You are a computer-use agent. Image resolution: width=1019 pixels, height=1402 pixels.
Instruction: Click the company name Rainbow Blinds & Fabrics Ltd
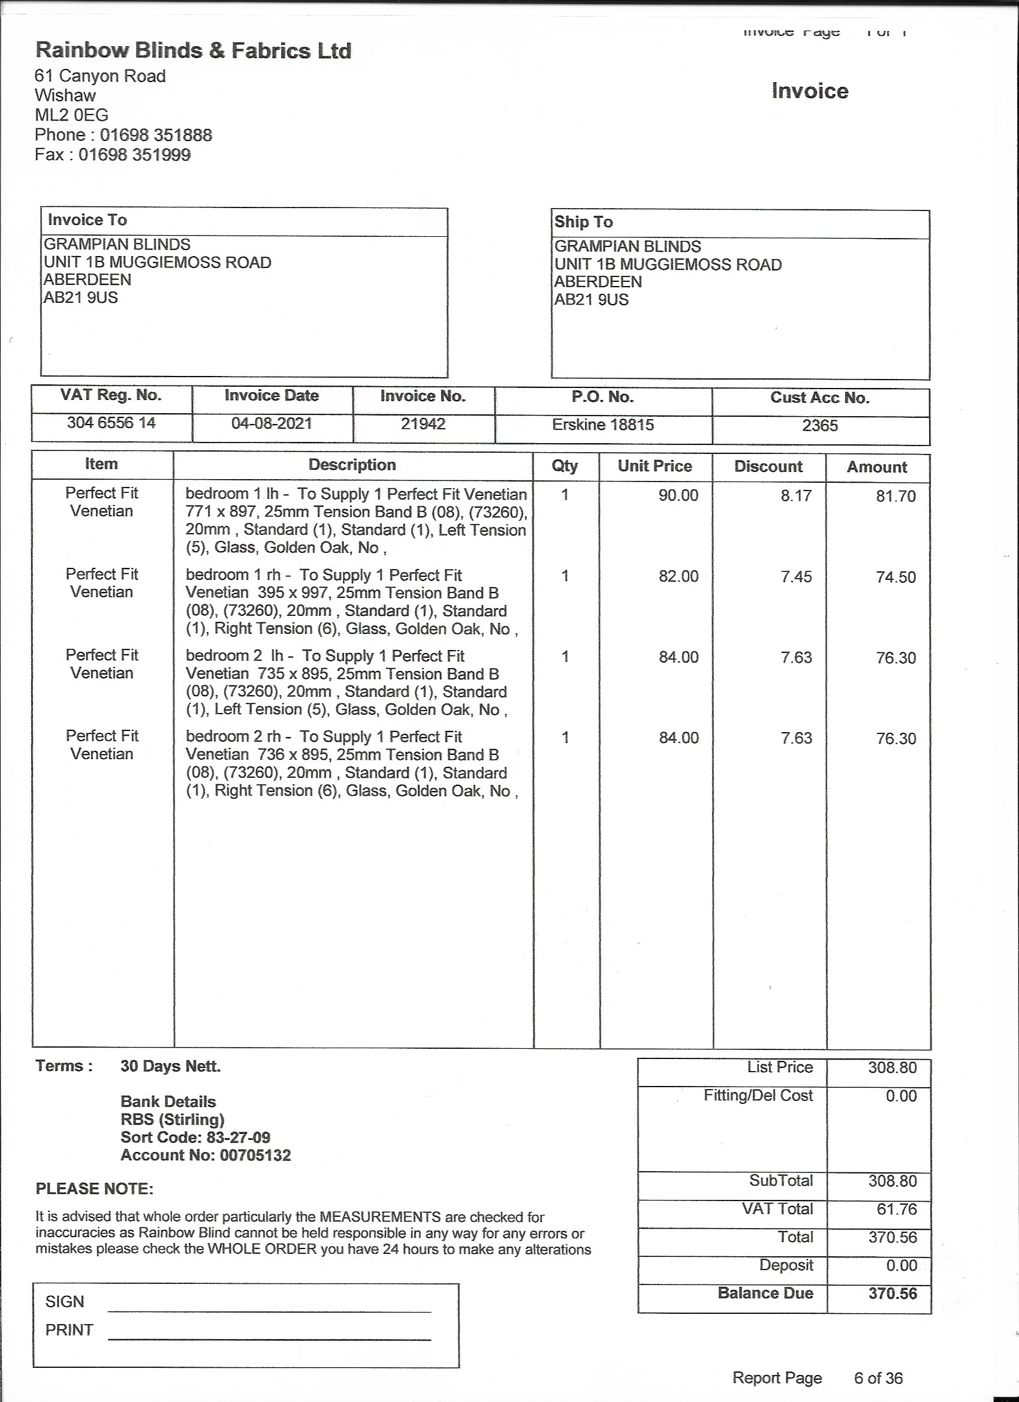194,51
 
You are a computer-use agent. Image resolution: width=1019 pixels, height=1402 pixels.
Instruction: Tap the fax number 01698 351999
134,155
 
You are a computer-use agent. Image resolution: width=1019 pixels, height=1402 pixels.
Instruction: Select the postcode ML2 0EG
71,115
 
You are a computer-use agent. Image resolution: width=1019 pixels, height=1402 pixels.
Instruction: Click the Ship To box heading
583,222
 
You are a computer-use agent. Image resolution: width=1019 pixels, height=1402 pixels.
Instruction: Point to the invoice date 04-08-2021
272,423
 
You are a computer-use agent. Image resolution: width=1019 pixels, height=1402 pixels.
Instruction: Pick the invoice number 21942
423,424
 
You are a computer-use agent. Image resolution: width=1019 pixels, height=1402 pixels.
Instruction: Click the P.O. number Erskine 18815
602,425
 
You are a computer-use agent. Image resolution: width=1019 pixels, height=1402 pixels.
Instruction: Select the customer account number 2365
819,426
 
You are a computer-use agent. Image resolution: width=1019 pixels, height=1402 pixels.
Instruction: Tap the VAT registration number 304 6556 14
111,423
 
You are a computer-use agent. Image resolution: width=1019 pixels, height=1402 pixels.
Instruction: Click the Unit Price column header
655,466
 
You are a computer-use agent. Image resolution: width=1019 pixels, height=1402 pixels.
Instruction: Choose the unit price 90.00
678,495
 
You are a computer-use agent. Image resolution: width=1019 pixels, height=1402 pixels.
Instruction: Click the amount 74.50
896,577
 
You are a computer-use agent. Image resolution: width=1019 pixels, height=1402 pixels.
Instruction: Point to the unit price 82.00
678,576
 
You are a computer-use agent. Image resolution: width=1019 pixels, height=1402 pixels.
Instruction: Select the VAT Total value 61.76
896,1209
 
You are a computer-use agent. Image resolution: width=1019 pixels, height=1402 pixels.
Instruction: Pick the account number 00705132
255,1156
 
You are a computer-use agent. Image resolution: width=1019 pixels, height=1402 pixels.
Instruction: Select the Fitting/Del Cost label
758,1096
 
